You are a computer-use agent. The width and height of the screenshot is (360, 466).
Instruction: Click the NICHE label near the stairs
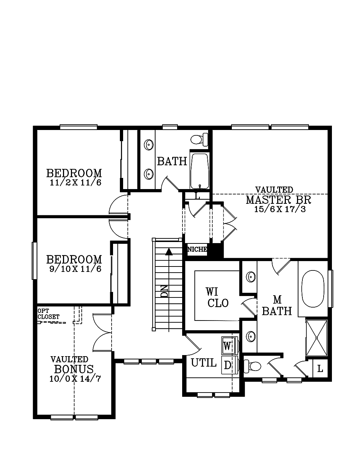(x=197, y=249)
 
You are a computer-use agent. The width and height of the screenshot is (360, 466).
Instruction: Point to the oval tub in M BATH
(x=312, y=289)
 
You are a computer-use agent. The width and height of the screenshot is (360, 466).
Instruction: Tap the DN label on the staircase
(x=165, y=291)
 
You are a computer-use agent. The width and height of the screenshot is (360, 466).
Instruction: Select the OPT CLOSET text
(x=49, y=314)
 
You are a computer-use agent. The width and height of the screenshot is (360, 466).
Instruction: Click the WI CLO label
(x=217, y=297)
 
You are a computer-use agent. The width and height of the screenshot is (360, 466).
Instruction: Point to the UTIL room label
(x=203, y=363)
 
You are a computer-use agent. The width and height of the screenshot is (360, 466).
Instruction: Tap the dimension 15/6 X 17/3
(x=280, y=209)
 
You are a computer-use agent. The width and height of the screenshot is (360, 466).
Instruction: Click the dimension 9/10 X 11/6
(x=75, y=269)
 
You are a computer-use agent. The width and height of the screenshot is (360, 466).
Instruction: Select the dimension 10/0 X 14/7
(x=75, y=379)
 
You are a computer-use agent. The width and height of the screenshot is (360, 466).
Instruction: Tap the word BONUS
(x=74, y=369)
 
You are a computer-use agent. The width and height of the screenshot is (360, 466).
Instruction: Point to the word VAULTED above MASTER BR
(x=274, y=190)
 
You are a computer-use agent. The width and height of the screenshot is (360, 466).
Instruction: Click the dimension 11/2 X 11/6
(x=76, y=183)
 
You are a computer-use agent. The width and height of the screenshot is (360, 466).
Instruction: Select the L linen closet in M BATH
(x=320, y=369)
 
